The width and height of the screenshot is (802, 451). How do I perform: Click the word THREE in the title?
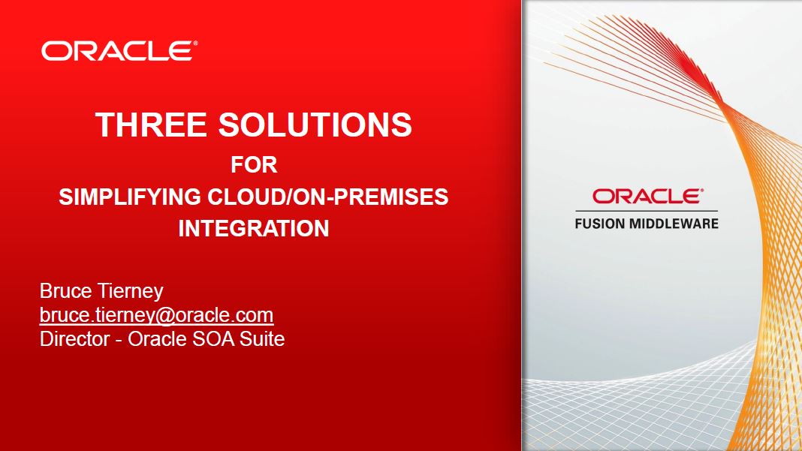click(x=151, y=125)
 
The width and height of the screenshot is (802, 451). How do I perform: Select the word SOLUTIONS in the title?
click(x=315, y=125)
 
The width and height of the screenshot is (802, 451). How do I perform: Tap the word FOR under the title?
click(x=254, y=164)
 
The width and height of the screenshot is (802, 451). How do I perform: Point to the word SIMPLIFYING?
click(x=130, y=197)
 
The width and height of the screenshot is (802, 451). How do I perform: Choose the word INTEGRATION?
click(x=254, y=228)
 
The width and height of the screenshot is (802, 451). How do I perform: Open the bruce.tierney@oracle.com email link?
click(x=156, y=315)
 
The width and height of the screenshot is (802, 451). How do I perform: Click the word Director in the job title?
click(x=74, y=339)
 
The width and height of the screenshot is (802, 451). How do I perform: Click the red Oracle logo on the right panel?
click(x=647, y=197)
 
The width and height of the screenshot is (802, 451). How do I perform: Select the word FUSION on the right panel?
click(x=599, y=224)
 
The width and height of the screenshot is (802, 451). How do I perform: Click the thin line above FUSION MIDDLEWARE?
click(x=647, y=211)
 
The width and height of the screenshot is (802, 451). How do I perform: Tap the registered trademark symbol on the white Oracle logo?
click(x=195, y=44)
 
